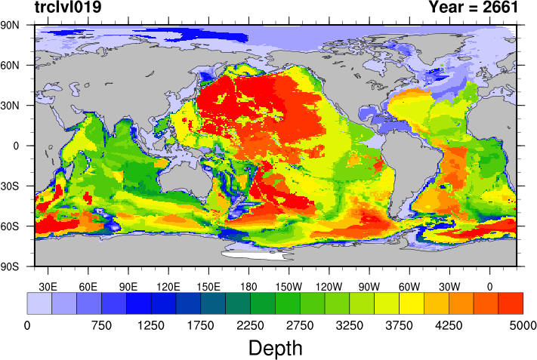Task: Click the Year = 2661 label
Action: [x=473, y=8]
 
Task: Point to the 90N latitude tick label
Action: [x=11, y=25]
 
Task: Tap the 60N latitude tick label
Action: [x=11, y=65]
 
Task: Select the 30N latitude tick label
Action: [x=11, y=105]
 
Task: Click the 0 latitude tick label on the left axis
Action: [x=17, y=146]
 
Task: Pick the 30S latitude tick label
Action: [x=11, y=186]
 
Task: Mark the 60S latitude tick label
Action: [x=11, y=226]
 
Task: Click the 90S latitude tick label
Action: [x=11, y=266]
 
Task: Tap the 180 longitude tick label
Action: [x=248, y=286]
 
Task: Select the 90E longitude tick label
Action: [x=128, y=286]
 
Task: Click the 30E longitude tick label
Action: [x=48, y=286]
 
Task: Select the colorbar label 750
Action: [x=100, y=325]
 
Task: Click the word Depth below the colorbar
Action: [x=276, y=348]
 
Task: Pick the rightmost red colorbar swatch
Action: [x=511, y=303]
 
